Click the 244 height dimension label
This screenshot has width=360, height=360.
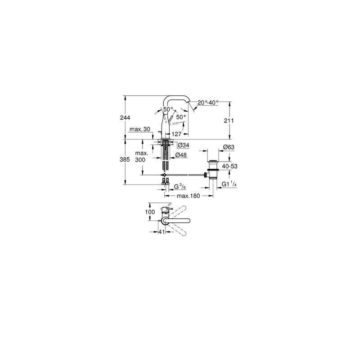point(125,118)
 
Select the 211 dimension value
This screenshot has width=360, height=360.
point(229,121)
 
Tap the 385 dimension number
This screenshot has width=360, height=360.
point(125,159)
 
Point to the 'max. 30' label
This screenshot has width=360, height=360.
point(139,129)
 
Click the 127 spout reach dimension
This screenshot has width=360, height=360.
point(176,134)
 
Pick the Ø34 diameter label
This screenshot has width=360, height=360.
point(184,145)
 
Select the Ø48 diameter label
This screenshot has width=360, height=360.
point(181,155)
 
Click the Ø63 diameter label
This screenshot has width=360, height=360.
point(229,147)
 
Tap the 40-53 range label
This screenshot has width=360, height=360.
point(229,166)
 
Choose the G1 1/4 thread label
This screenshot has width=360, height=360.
point(229,184)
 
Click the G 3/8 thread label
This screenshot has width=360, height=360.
point(180,187)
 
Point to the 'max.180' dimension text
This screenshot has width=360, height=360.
point(189,196)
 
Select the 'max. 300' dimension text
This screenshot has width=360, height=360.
point(140,156)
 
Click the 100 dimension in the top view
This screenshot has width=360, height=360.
point(150,212)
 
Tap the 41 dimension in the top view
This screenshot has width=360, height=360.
point(162,232)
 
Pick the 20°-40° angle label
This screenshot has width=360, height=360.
point(208,103)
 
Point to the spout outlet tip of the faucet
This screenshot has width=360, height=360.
point(189,102)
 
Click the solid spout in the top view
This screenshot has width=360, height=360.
point(176,221)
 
